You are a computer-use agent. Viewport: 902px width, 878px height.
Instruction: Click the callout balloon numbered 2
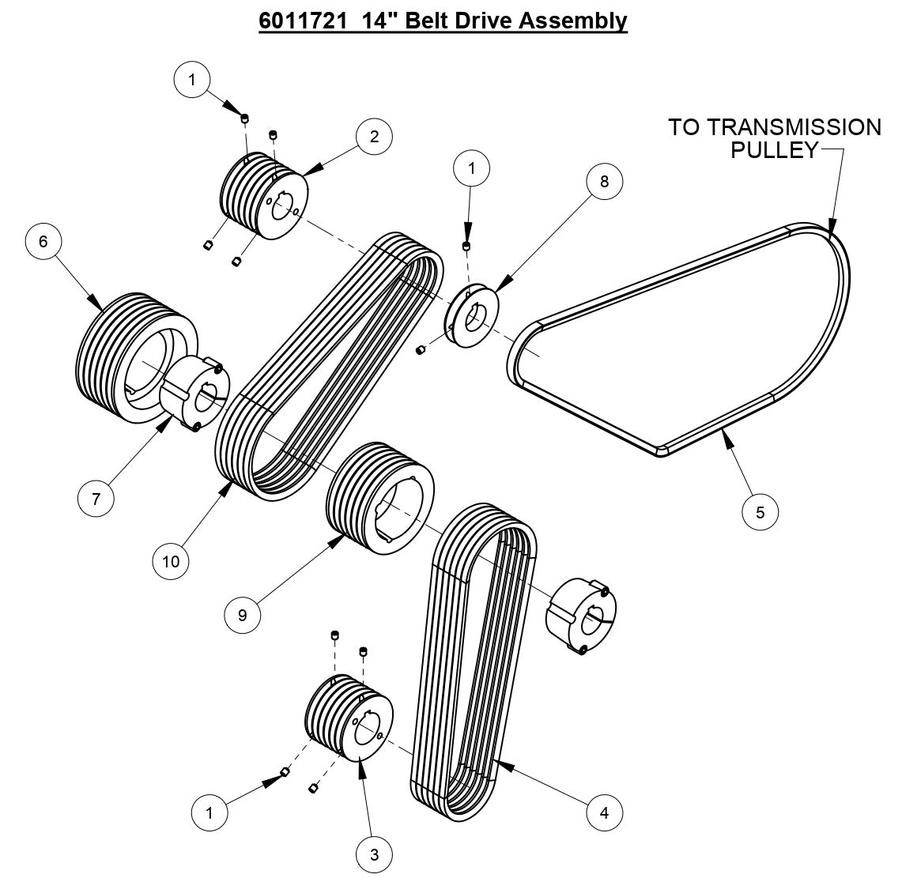(374, 136)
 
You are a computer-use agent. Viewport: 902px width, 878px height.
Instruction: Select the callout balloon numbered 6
(43, 241)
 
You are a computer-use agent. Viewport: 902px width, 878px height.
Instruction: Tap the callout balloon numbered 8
(604, 181)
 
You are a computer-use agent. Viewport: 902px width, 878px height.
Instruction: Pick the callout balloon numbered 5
(760, 512)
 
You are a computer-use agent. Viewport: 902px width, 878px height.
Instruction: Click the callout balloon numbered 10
(172, 561)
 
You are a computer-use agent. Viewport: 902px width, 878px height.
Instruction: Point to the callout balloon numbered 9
(242, 615)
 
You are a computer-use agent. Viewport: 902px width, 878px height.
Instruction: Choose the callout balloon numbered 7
(96, 499)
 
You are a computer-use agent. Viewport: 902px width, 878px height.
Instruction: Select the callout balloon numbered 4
(605, 812)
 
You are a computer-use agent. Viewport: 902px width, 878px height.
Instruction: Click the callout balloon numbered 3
(374, 854)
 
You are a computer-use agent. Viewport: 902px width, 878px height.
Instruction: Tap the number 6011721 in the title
(304, 20)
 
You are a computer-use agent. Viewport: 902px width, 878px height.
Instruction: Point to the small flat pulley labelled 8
(473, 318)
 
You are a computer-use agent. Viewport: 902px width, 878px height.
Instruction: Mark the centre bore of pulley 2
(284, 202)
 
